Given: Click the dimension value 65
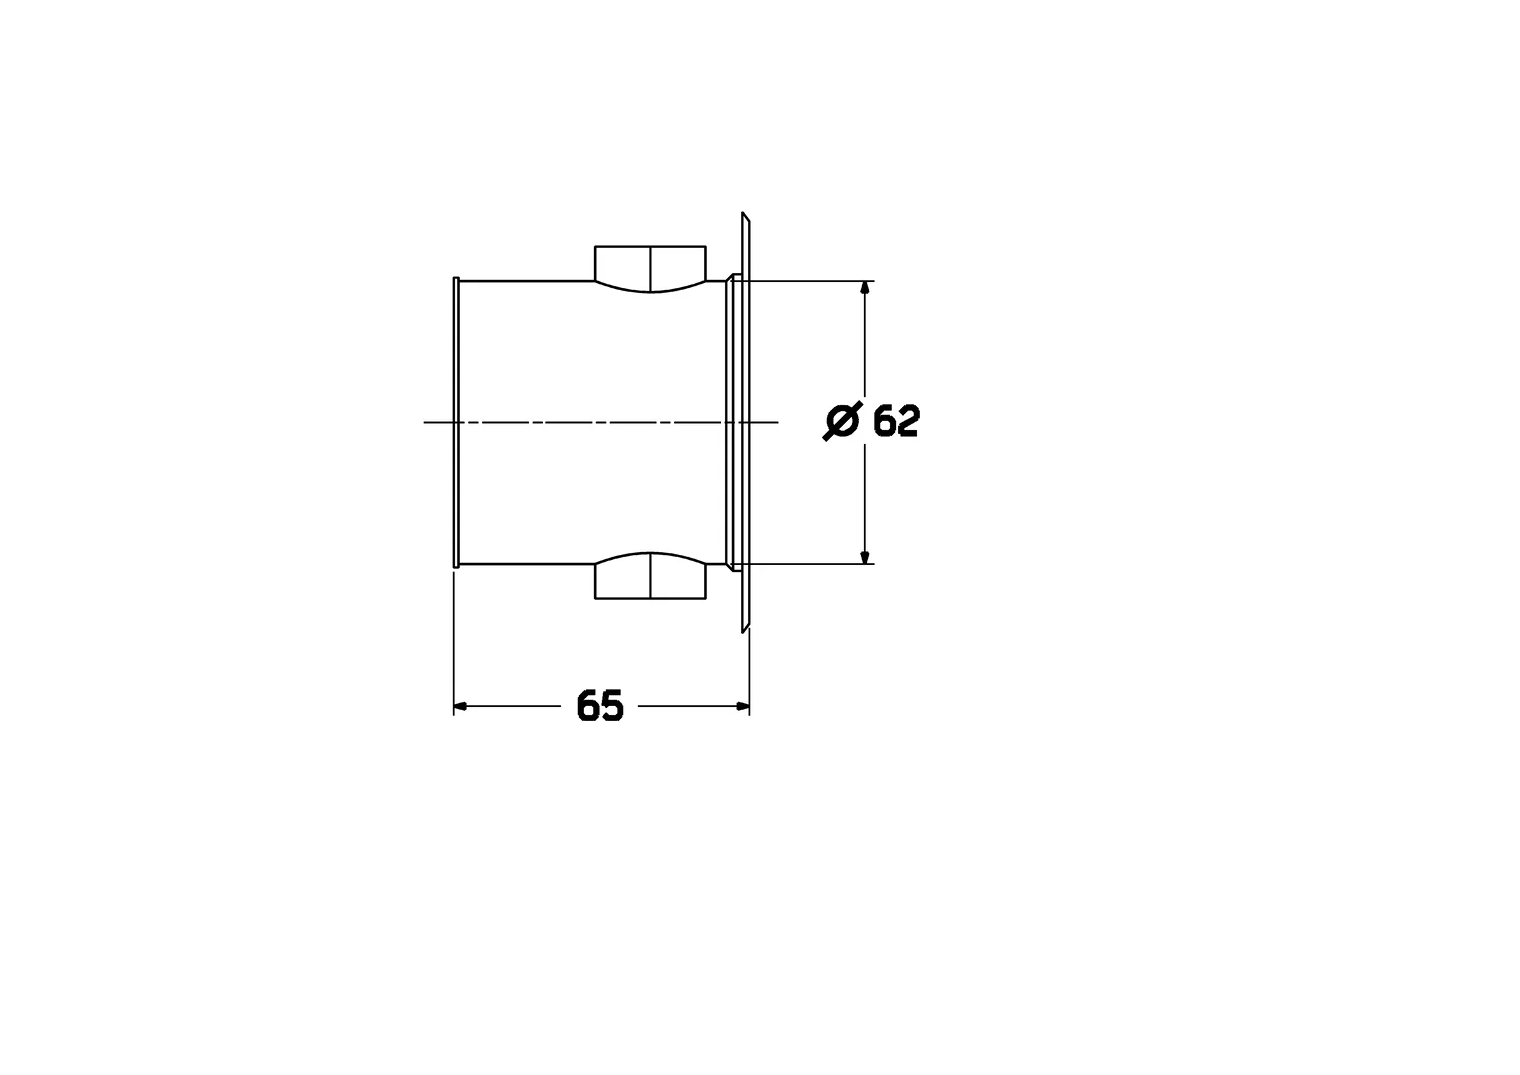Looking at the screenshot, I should tap(600, 706).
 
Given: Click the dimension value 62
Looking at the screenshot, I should tap(896, 422).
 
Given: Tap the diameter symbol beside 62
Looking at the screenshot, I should tap(841, 421).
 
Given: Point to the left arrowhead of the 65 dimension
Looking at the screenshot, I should tap(461, 706).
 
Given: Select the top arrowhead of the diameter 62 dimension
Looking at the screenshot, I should tap(865, 288).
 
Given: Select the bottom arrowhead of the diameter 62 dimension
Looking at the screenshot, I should tap(865, 557).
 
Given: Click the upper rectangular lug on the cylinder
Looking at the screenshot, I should tap(649, 264).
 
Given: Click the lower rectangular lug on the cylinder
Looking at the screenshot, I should tap(649, 580).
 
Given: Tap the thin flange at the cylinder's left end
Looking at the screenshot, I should tap(455, 422).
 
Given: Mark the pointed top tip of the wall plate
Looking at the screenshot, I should tap(743, 214).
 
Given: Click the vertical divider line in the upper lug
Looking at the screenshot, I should tap(650, 267).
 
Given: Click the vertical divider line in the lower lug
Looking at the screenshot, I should tap(650, 577).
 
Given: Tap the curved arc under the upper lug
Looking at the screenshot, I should tap(650, 291).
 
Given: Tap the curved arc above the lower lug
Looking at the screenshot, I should tap(650, 553).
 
